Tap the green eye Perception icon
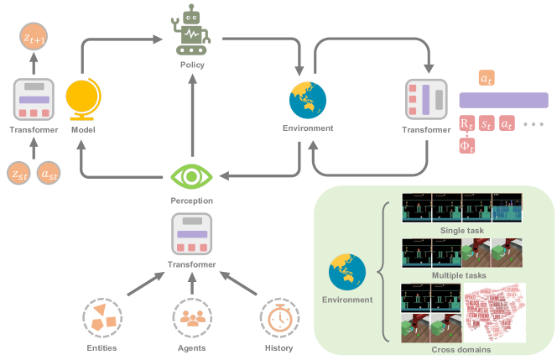pos(191,177)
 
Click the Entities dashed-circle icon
pos(100,319)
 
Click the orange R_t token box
pos(467,123)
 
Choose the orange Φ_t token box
pos(467,147)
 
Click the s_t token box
pos(487,123)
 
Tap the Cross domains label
pos(461,348)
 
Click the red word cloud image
pos(495,312)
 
